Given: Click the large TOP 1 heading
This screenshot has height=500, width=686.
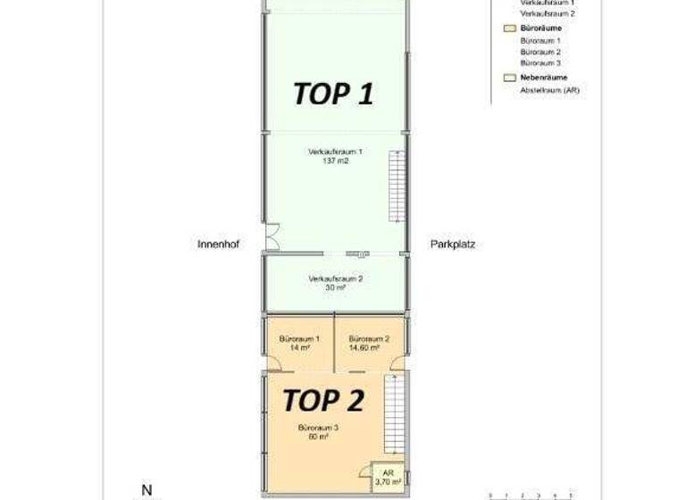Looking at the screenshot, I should (333, 94).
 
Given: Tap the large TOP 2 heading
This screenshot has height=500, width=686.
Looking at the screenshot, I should (323, 400).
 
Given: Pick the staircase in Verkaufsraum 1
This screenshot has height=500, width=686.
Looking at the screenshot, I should (395, 187).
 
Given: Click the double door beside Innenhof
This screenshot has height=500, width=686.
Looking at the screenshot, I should (273, 236).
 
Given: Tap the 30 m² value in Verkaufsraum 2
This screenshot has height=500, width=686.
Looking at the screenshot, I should (335, 288).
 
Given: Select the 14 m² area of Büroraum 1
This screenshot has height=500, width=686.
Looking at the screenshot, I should (299, 349).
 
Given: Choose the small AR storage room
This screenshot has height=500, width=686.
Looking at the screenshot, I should (388, 478).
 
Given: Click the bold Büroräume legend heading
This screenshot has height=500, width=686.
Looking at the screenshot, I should (541, 29).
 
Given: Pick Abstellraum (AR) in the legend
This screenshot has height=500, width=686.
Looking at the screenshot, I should (549, 89).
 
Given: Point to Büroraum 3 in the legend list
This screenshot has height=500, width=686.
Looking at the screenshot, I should (540, 63).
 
